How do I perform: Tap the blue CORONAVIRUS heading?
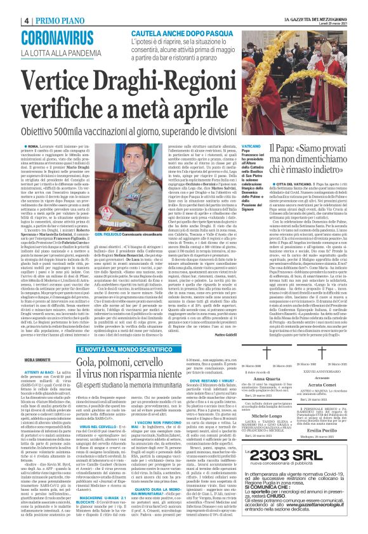(65, 36)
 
